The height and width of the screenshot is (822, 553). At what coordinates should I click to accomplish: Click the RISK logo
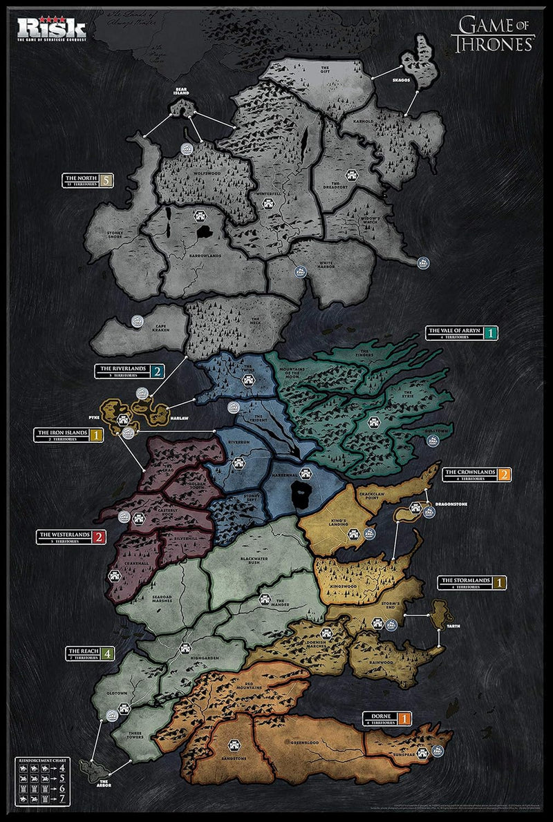52,28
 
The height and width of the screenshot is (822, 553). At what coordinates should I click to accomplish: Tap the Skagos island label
402,81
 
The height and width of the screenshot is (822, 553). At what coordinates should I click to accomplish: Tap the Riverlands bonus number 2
158,371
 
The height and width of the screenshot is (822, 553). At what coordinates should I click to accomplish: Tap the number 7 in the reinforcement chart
62,799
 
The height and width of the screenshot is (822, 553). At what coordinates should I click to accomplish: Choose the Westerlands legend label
66,537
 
